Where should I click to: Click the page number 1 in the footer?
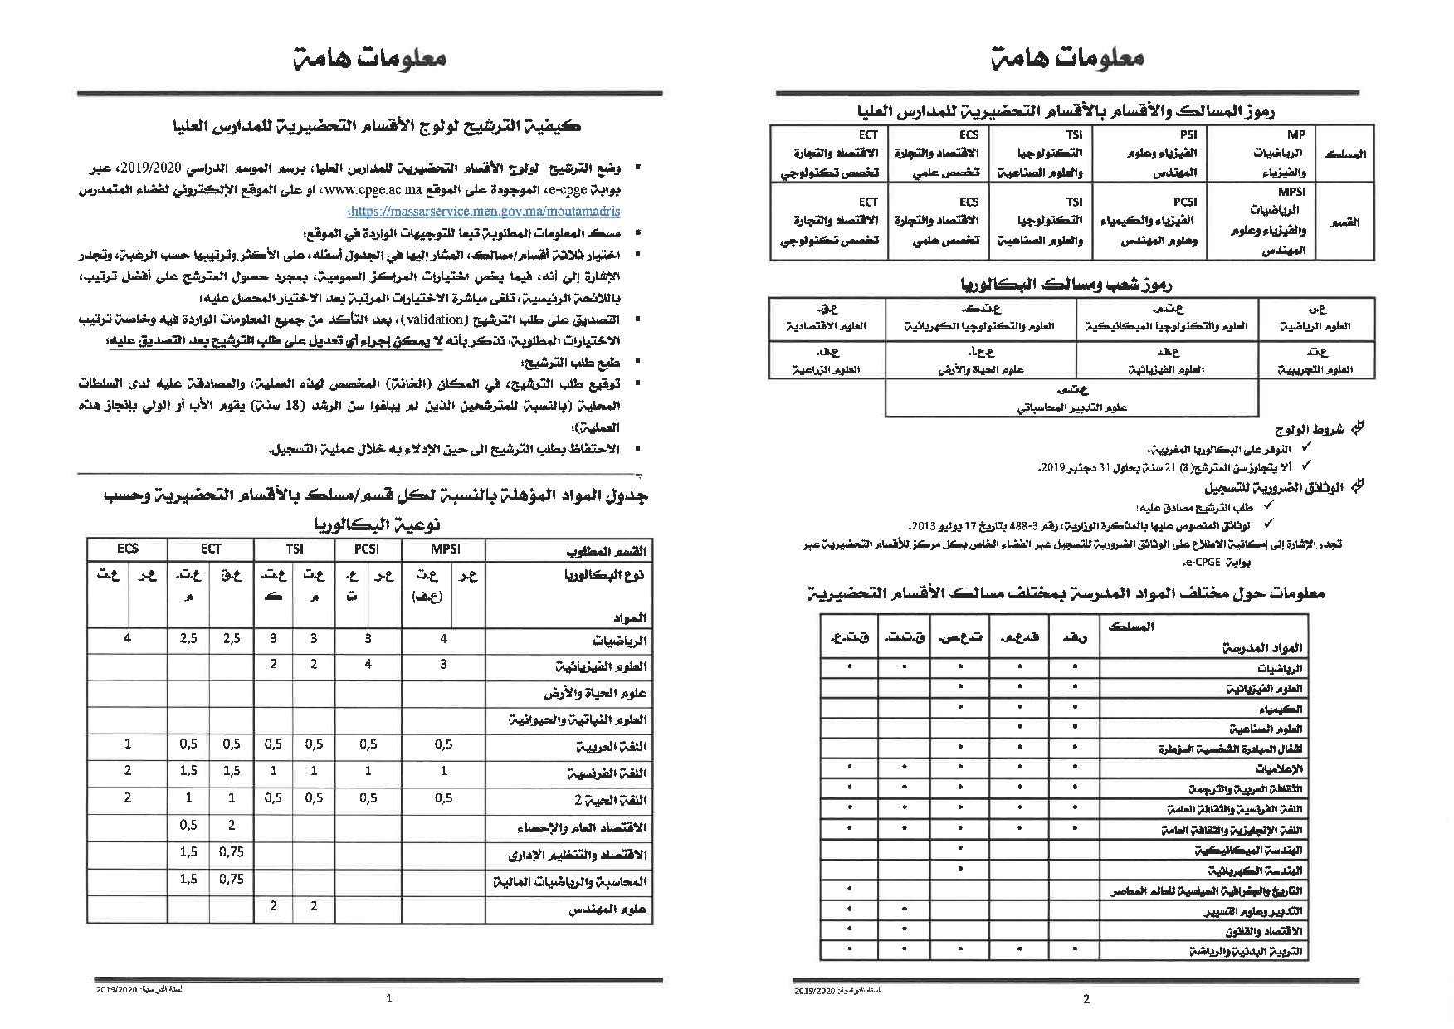[x=389, y=999]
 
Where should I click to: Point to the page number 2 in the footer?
[x=1087, y=999]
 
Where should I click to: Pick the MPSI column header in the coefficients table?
[x=444, y=549]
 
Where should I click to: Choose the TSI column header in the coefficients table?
[x=294, y=549]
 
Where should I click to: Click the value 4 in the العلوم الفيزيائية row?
[x=368, y=665]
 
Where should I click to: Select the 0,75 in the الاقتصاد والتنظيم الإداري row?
[x=232, y=852]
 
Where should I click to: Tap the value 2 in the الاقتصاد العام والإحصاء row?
[x=232, y=825]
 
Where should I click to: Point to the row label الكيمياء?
[x=1281, y=710]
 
